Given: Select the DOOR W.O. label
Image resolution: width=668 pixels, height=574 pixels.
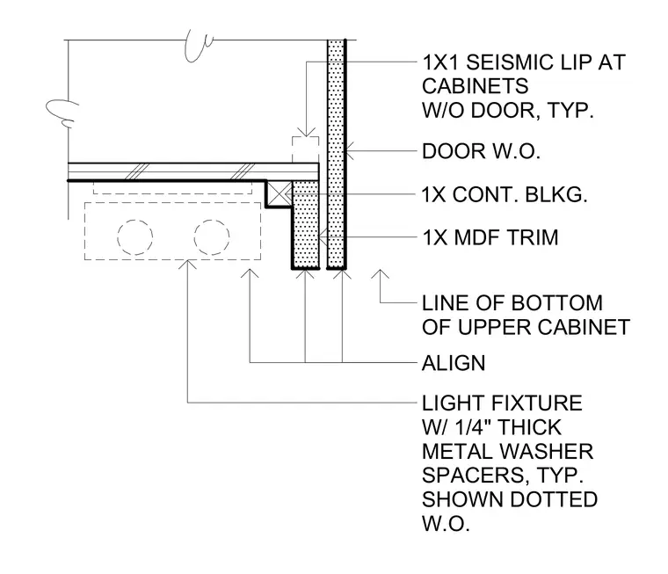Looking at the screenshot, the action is (481, 151).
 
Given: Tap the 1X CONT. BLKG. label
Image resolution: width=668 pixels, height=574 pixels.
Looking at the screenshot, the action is (505, 195).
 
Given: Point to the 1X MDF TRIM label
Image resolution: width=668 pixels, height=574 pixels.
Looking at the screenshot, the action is (490, 237).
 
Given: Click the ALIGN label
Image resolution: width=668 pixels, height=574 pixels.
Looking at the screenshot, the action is (454, 363).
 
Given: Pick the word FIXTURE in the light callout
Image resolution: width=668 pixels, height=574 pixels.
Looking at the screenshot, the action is (537, 403).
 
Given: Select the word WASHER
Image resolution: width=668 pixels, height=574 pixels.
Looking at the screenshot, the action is (547, 452).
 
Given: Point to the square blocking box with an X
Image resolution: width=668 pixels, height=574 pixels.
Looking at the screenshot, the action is (279, 194).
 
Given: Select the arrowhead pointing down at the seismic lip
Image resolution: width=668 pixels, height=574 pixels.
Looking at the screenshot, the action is (306, 132).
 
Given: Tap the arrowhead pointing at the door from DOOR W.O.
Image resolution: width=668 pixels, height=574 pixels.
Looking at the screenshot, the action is (350, 151).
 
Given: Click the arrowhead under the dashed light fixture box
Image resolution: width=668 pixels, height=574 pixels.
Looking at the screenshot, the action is (187, 265).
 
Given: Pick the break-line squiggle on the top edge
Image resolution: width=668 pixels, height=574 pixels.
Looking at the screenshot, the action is (199, 45).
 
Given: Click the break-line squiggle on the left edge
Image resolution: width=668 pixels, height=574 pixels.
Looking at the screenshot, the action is (62, 113).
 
